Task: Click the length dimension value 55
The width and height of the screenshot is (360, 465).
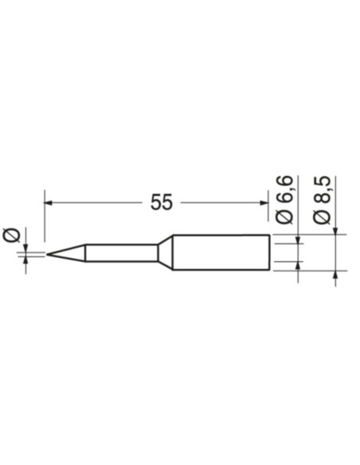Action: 161,203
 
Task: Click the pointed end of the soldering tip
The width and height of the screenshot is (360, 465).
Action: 48,255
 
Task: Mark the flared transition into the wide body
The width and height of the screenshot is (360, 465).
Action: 165,253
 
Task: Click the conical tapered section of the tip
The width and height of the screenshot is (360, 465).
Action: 68,254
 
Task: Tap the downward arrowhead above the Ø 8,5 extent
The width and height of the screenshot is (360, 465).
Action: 335,232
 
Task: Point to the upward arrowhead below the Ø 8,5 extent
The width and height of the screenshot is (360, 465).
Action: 335,275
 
